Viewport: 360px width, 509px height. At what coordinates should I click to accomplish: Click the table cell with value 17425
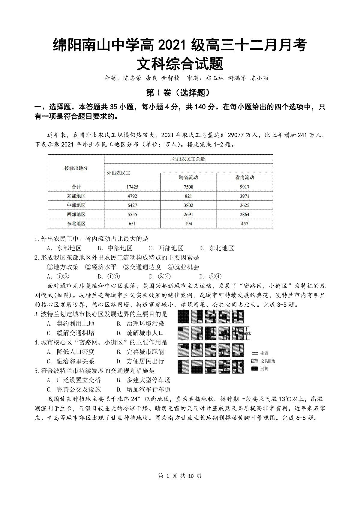pos(132,187)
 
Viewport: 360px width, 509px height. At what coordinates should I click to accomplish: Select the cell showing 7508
pos(188,187)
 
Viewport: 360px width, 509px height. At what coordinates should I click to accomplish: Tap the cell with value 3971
pos(244,196)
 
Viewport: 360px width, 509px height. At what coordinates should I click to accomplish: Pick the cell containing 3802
pos(188,205)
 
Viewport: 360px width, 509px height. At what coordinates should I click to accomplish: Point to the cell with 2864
pos(244,215)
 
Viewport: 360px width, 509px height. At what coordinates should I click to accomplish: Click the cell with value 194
pos(188,224)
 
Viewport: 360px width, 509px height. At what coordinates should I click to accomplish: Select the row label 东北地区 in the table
pos(76,224)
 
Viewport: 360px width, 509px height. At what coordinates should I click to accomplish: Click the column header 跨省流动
pos(188,177)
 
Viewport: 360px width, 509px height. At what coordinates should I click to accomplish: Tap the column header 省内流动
pos(244,177)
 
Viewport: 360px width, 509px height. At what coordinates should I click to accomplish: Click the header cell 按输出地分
pos(76,168)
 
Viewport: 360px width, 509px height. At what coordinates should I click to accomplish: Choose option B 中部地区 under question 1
pos(115,248)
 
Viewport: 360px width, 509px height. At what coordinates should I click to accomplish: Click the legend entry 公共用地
pos(268,361)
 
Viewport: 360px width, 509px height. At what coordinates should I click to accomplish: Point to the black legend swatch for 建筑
pos(255,368)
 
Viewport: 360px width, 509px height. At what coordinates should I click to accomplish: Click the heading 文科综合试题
pos(180,64)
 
